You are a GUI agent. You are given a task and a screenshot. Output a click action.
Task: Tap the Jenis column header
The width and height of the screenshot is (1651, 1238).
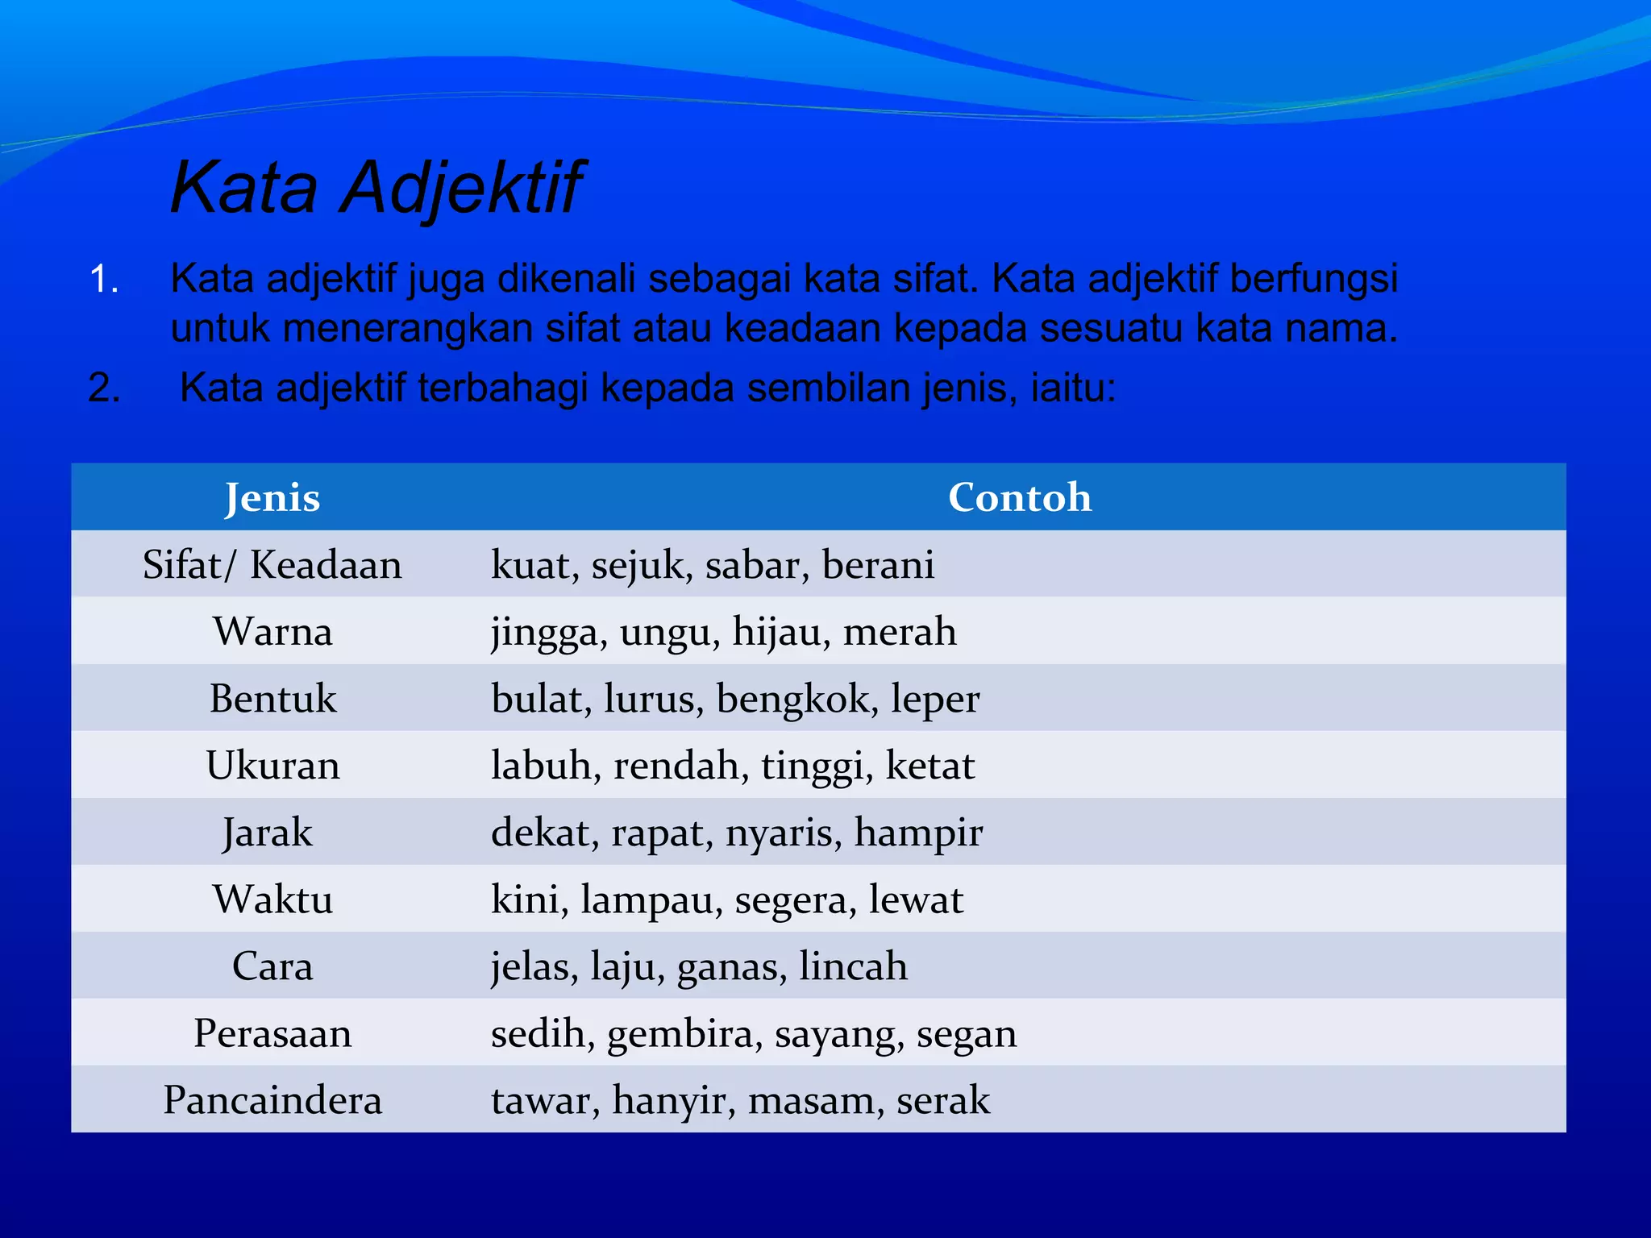coord(272,497)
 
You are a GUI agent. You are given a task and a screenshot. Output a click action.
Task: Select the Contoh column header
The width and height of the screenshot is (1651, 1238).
coord(1019,497)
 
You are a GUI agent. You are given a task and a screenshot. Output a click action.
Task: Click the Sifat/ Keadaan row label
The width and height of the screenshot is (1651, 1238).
coord(272,565)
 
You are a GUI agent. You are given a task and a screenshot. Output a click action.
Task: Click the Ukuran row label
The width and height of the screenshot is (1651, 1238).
coord(272,766)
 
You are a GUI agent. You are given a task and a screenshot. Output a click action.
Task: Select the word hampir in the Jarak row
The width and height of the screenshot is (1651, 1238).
coord(918,833)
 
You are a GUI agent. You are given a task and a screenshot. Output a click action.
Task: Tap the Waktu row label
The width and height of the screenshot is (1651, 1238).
coord(272,899)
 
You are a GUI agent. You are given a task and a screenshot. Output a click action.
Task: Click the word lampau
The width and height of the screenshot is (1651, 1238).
coord(651,900)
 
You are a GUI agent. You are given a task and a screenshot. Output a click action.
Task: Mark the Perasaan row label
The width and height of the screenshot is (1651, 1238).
coord(272,1033)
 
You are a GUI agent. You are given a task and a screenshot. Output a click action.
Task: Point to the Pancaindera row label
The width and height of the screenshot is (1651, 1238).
coord(272,1100)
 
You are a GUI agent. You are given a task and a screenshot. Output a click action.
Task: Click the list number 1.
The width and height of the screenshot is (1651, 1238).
coord(103,280)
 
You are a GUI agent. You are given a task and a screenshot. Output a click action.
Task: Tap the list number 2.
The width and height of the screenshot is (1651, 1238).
coord(103,388)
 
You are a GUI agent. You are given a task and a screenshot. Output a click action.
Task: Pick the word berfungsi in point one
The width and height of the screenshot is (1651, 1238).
coord(1313,280)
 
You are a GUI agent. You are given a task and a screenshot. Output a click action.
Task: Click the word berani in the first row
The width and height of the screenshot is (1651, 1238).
coord(878,565)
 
